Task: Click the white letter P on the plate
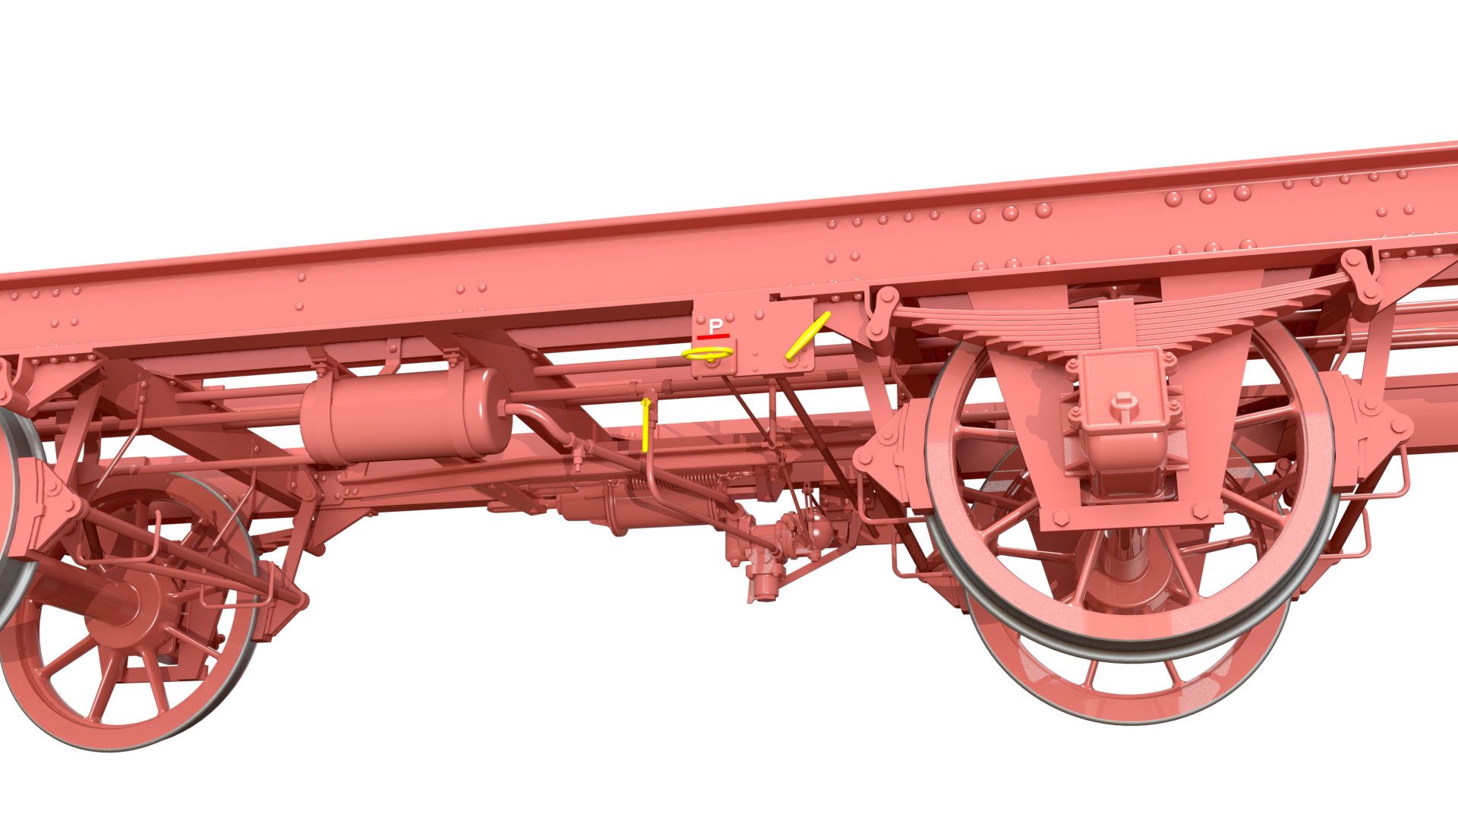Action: coord(715,326)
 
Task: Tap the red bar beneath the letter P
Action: coord(714,336)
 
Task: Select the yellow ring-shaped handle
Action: coord(707,353)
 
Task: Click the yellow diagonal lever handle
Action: coord(808,335)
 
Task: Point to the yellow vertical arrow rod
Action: coord(646,424)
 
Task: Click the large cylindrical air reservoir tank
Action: coord(406,415)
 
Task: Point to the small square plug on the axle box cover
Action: coord(1122,400)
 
